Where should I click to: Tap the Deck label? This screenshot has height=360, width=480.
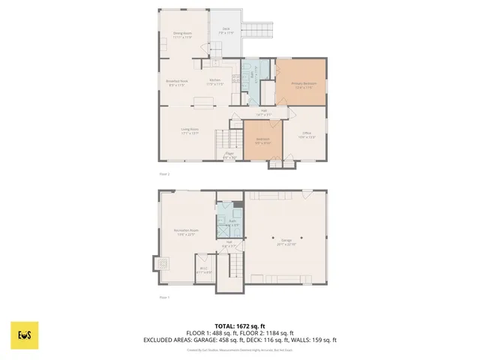(226, 31)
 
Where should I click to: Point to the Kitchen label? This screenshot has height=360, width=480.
(215, 82)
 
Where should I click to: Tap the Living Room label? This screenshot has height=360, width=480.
(189, 130)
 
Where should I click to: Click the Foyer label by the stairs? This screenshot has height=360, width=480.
(230, 155)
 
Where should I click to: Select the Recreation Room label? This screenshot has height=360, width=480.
(186, 232)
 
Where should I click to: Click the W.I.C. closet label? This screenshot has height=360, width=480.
(204, 269)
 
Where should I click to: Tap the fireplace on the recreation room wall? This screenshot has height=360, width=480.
(160, 264)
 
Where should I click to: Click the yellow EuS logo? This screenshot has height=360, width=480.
(25, 334)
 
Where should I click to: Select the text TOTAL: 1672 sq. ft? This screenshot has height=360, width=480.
(240, 326)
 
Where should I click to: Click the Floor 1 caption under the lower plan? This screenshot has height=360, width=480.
(164, 298)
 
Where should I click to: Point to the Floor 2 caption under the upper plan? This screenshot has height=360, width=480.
(164, 173)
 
